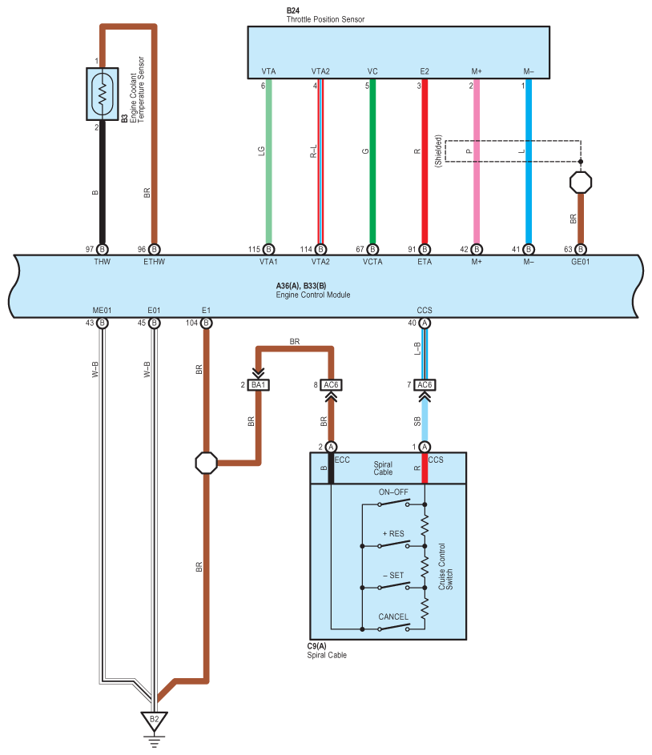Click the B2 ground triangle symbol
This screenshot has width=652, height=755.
click(x=154, y=719)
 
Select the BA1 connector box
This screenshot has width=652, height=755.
click(x=258, y=384)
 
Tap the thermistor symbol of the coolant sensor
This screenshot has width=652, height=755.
click(x=103, y=93)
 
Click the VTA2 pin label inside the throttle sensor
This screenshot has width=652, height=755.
click(x=320, y=71)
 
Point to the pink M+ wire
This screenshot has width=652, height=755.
click(x=477, y=160)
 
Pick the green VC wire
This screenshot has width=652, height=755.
click(x=372, y=160)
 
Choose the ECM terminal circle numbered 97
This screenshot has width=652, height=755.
click(x=103, y=249)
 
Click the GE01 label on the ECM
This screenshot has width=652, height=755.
click(x=580, y=261)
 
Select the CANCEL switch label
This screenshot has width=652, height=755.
click(x=393, y=616)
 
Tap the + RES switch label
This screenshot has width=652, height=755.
click(x=394, y=532)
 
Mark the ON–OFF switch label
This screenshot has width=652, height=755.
click(x=394, y=492)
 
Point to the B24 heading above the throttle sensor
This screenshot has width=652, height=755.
click(x=293, y=10)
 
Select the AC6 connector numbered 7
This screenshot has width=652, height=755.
click(x=425, y=384)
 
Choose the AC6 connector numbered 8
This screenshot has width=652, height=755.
click(x=332, y=384)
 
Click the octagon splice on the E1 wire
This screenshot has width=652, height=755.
click(x=206, y=463)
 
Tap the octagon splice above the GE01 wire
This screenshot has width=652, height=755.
click(x=581, y=182)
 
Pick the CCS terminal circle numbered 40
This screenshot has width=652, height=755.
click(x=425, y=323)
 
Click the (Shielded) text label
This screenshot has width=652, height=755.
click(x=438, y=151)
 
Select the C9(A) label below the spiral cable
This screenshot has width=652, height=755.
click(x=316, y=645)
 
